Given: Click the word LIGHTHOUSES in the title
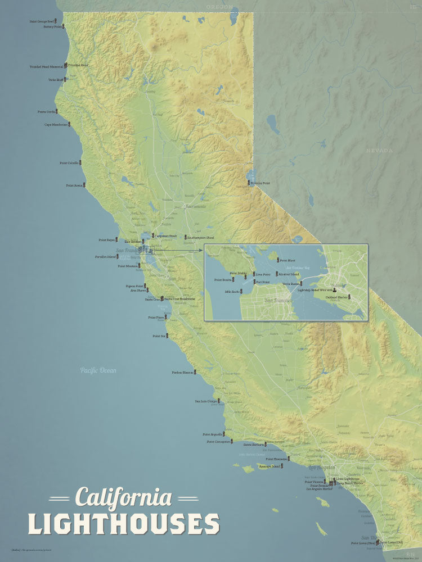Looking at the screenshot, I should [124, 523].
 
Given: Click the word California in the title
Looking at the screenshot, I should [124, 497].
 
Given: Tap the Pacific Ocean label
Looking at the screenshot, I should [98, 370].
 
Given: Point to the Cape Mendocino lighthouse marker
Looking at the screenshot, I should [71, 124].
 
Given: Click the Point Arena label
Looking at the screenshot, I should [74, 185].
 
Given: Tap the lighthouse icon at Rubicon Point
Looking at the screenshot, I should [249, 183].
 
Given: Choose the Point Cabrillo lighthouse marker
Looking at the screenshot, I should [80, 162].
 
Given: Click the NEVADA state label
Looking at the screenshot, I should [379, 151].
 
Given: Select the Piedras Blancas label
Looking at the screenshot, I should [183, 372].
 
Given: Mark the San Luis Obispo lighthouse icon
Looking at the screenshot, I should [219, 401].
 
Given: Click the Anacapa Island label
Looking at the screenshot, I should [269, 466].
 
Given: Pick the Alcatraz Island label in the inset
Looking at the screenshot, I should [288, 274].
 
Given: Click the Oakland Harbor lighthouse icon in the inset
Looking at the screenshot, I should [349, 296].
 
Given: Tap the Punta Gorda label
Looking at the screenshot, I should [46, 111].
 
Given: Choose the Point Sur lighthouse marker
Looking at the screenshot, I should [167, 336].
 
